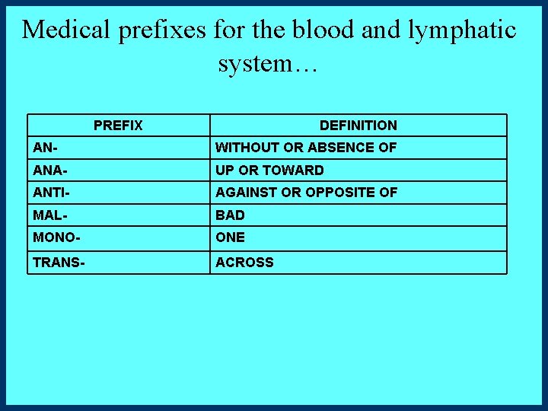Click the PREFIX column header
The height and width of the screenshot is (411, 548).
tap(118, 126)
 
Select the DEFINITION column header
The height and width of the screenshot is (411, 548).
tap(358, 126)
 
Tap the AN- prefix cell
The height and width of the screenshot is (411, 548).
tap(46, 148)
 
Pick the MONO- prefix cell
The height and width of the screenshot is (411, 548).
tap(56, 237)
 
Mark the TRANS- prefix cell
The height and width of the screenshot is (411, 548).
tap(59, 262)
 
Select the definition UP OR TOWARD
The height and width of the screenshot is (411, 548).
tap(269, 170)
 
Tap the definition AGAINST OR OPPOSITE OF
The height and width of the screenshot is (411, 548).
tap(306, 193)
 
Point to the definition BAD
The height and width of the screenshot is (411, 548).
tap(230, 215)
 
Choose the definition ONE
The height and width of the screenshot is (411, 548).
tap(230, 237)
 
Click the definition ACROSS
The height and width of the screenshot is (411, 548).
tap(244, 262)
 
